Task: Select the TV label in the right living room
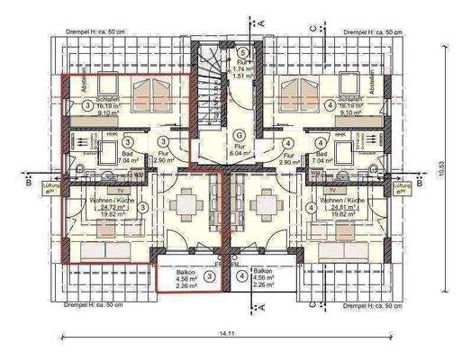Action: [331, 191]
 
